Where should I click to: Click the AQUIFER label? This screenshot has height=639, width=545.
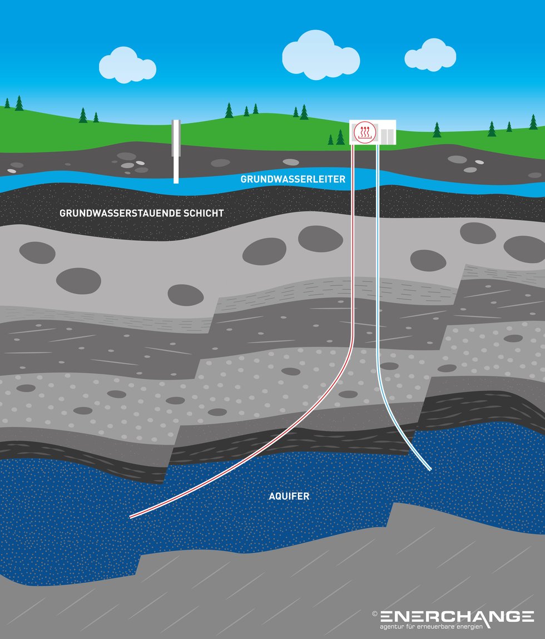click(x=289, y=497)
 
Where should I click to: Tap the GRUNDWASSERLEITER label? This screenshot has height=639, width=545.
click(x=293, y=180)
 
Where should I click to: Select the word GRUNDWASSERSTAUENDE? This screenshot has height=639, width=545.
click(x=118, y=213)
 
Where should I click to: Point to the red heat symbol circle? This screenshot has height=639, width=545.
click(x=365, y=133)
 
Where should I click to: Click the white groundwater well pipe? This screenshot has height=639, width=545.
click(x=176, y=151)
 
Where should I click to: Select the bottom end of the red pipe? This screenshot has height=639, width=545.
click(x=132, y=517)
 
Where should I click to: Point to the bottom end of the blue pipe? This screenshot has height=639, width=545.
click(x=429, y=469)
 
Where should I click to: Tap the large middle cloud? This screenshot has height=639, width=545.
click(x=320, y=56)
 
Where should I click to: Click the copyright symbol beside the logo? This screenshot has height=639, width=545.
click(x=375, y=614)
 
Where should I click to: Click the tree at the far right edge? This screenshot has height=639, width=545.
click(x=533, y=122)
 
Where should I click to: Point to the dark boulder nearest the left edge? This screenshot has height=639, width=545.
click(x=37, y=252)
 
